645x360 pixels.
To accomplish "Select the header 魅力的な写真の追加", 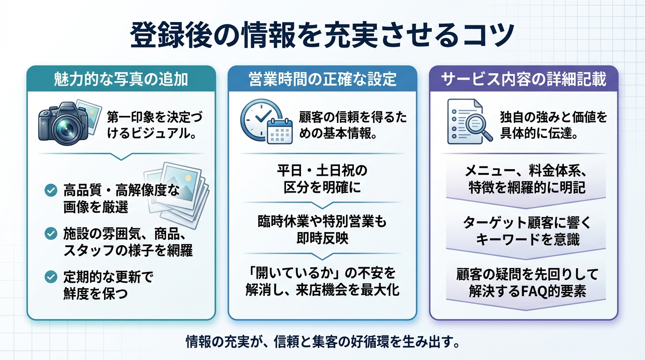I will point(121,79).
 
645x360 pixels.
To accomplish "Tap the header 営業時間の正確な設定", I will point(322,79).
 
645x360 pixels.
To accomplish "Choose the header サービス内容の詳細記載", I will point(524,79).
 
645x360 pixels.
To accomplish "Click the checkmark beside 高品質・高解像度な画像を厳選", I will point(50,191).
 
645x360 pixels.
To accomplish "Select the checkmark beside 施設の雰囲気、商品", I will point(50,233).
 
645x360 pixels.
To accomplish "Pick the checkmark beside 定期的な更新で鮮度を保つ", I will point(50,277).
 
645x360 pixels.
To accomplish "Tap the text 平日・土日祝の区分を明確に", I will point(322,178).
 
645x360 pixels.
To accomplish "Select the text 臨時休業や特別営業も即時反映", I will point(322,229).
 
